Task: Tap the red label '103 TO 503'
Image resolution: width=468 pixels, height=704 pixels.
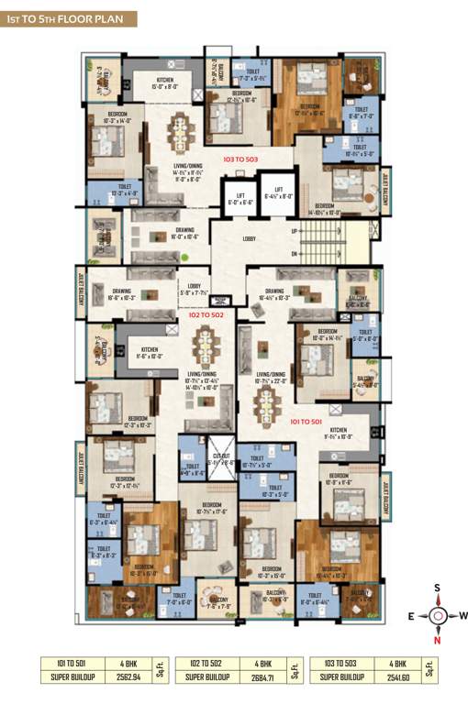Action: [x=241, y=159]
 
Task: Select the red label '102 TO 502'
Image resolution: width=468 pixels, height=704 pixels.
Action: [x=206, y=314]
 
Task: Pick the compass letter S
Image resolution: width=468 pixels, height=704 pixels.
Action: [x=439, y=588]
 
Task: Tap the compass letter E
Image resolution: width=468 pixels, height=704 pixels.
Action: [x=412, y=615]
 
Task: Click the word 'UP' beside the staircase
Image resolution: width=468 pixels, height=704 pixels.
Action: [x=293, y=230]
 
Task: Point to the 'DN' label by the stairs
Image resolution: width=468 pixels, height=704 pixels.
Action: [x=293, y=253]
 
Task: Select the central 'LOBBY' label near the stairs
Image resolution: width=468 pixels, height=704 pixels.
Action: [x=250, y=240]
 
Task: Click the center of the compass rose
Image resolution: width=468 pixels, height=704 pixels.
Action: [x=439, y=615]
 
